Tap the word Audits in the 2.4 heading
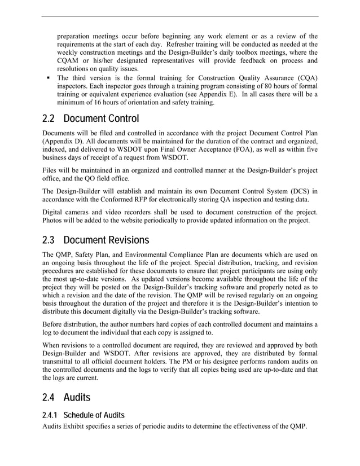[x=77, y=398]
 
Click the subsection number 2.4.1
[x=52, y=416]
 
